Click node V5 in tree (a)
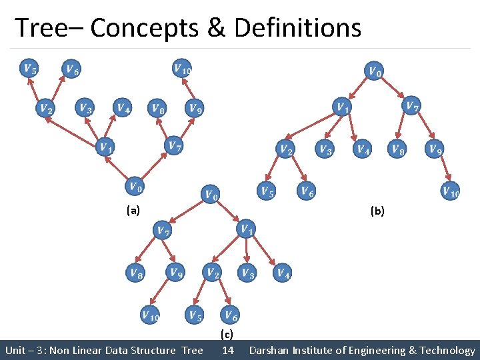[x=29, y=68]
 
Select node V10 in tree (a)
[x=182, y=68]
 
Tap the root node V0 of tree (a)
[x=135, y=186]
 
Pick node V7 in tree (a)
[x=173, y=145]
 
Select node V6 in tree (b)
[x=306, y=192]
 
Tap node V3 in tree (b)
[x=325, y=149]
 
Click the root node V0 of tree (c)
[x=211, y=194]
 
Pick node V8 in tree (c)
[x=136, y=272]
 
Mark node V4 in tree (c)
[x=282, y=272]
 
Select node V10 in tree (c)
[x=150, y=315]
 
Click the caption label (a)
[x=133, y=211]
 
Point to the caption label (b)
[x=377, y=211]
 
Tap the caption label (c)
[x=227, y=334]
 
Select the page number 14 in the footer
[x=227, y=350]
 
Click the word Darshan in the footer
[x=271, y=350]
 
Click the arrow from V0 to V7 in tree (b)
[x=394, y=88]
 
